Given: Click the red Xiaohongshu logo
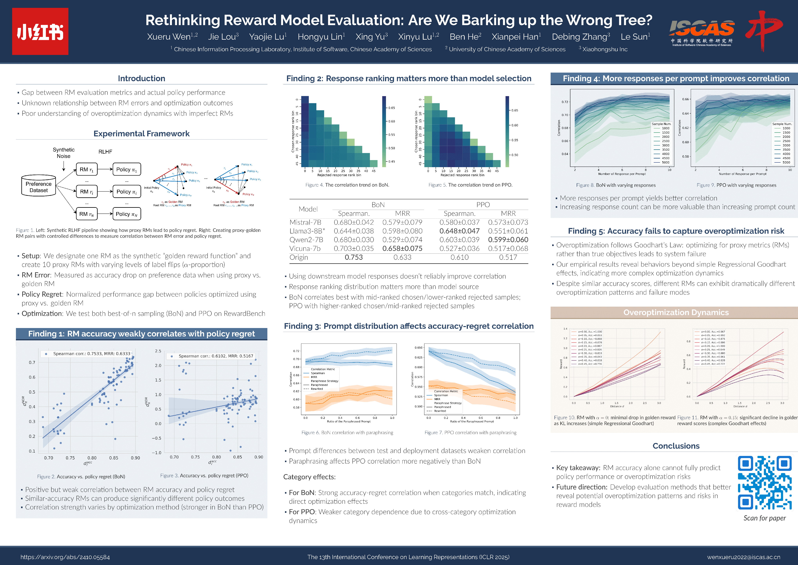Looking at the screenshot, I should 40,31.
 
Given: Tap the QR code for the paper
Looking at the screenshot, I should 765,483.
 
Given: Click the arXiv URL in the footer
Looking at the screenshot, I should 65,557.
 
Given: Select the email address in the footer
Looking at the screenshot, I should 744,557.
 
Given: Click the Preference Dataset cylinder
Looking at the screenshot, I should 39,187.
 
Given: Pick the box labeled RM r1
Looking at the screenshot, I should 86,169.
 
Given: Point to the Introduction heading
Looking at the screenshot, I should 142,79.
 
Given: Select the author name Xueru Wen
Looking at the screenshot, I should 169,36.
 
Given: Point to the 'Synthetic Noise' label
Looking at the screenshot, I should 64,153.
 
